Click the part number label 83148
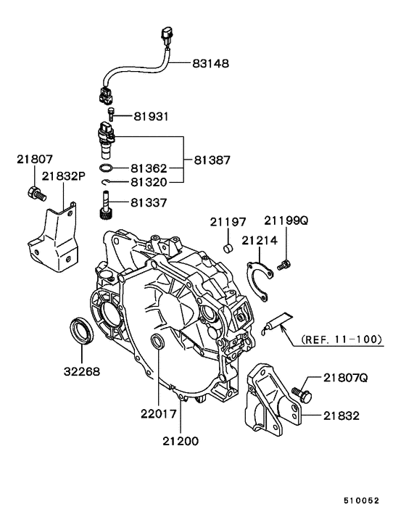(211, 63)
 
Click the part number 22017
(159, 415)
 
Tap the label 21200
(181, 440)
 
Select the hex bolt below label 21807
(35, 194)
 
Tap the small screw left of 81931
(111, 114)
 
